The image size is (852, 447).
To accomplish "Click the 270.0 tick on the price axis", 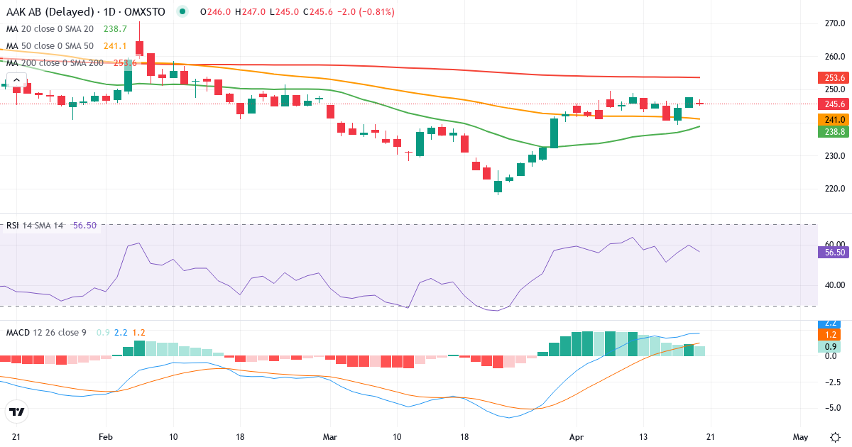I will coord(835,23).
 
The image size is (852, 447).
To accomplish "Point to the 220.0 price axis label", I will coord(835,189).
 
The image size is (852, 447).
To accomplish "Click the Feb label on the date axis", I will coord(106,436).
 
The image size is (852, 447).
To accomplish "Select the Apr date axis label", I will coord(577,436).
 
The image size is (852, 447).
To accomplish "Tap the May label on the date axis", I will coord(801,436).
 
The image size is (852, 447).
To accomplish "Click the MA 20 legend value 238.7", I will coord(115,29).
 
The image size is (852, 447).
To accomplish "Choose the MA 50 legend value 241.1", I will coord(115,46).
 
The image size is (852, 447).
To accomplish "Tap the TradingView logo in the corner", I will coord(17,412).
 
